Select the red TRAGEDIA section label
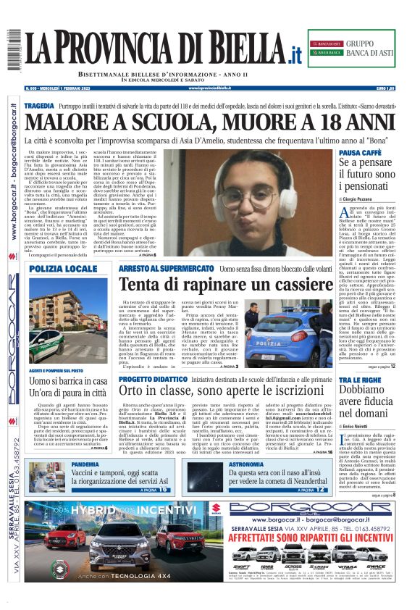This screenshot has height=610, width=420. [40, 106]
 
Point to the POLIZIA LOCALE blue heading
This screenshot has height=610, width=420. [63, 268]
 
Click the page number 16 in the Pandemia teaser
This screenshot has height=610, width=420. [163, 490]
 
